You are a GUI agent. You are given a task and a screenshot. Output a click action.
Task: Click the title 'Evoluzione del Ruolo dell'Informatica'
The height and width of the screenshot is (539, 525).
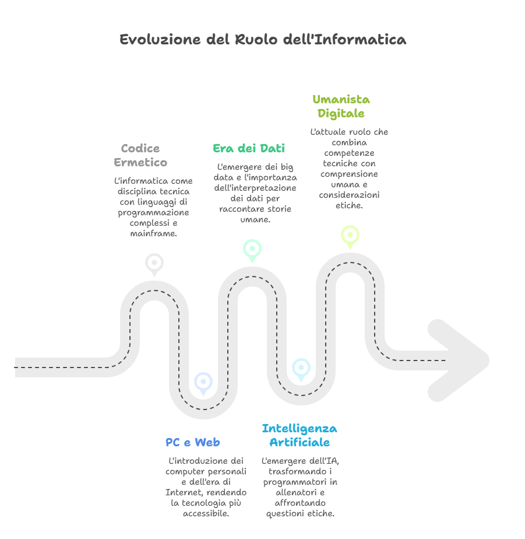pos(262,40)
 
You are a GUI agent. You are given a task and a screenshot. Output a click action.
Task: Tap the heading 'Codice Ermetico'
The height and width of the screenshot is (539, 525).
pos(140,155)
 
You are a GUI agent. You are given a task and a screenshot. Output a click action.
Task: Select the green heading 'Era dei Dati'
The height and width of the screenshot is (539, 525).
pos(248,148)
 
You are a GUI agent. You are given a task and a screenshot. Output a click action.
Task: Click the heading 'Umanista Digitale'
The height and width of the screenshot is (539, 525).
pos(341,106)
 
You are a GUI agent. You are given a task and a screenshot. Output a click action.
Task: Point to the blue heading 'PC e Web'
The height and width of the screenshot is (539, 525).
pos(192,442)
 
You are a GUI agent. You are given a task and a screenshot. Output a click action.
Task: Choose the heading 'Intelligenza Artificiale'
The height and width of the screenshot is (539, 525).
pos(300,435)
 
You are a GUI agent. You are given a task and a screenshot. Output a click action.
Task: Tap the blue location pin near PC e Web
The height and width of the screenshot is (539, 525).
pos(203,382)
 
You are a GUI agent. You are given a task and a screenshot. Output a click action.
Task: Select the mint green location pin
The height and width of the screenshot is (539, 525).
pos(252,249)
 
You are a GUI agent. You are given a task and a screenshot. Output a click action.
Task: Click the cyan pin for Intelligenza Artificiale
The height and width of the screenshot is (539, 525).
pos(301,368)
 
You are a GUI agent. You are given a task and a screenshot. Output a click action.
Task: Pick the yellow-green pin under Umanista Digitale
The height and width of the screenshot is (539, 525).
pos(350,235)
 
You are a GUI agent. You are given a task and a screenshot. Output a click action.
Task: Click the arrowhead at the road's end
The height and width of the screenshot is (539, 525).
pos(460,360)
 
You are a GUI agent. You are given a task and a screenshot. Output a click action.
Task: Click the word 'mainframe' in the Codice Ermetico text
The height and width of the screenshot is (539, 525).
pos(154,233)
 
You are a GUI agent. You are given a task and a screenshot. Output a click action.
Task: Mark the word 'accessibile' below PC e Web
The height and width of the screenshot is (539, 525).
pos(206,513)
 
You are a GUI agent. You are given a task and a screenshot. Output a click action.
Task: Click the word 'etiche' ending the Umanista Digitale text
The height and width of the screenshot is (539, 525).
pos(348,205)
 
